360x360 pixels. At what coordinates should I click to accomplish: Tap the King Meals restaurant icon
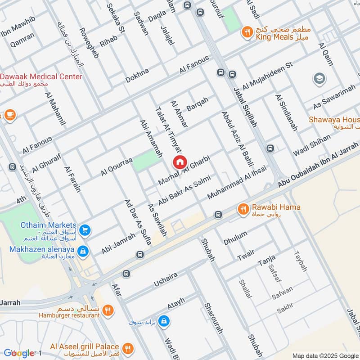pyautogui.click(x=247, y=31)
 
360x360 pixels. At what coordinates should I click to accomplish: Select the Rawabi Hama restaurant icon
pyautogui.click(x=243, y=208)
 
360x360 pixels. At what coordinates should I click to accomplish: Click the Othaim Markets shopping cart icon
pyautogui.click(x=85, y=230)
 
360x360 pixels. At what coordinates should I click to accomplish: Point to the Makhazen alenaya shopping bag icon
pyautogui.click(x=82, y=250)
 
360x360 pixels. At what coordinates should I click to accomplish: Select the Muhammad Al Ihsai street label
pyautogui.click(x=237, y=183)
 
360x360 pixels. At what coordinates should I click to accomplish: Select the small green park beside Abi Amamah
pyautogui.click(x=145, y=161)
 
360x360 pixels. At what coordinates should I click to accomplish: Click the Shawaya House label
pyautogui.click(x=333, y=120)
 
